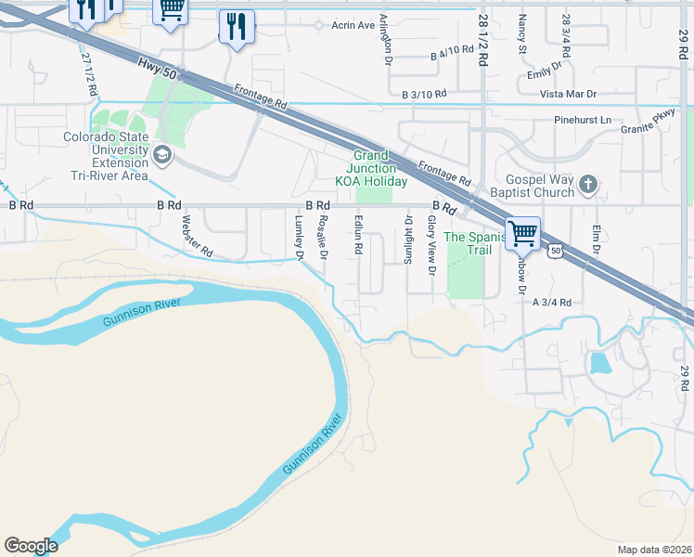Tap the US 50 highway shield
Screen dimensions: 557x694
(555, 250)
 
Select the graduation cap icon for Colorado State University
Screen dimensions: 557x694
(163, 154)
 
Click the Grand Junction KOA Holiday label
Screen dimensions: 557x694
(371, 168)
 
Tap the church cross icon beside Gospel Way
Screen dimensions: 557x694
(586, 185)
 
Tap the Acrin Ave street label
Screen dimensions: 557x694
(353, 25)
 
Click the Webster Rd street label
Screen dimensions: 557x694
(198, 237)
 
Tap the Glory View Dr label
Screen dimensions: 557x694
(431, 245)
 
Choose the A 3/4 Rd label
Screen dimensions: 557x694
(551, 302)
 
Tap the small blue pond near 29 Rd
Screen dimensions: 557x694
(599, 362)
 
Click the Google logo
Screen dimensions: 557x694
(31, 546)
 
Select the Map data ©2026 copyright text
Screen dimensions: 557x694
(654, 550)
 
